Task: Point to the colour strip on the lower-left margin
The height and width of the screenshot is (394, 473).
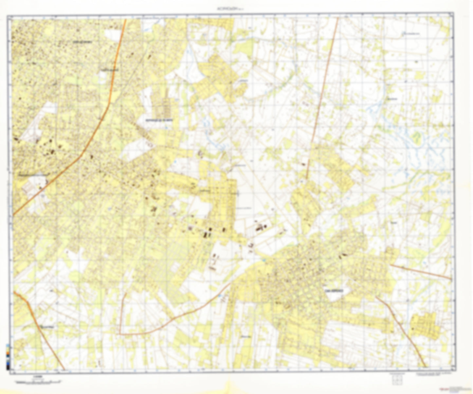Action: (x=7, y=355)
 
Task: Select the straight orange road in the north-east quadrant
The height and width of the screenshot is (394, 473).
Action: (x=322, y=98)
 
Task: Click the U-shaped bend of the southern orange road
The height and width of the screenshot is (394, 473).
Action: (x=120, y=332)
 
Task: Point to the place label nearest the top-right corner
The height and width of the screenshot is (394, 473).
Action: (x=411, y=34)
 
